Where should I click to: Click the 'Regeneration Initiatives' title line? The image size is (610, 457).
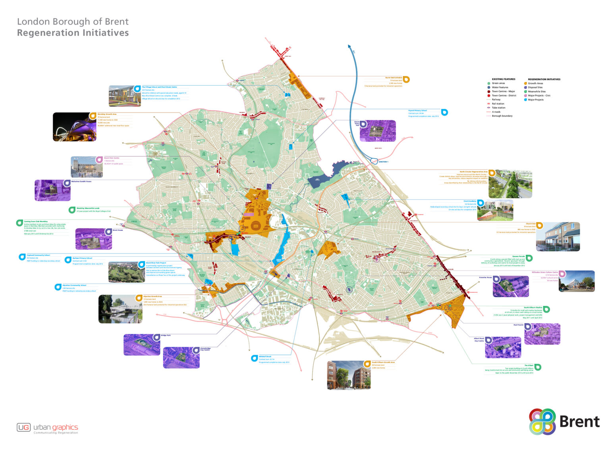pos(73,33)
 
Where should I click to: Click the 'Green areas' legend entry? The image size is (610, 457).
pos(498,83)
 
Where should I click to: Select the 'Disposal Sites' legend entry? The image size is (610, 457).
pos(535,87)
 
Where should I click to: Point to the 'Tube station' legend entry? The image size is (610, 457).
pos(498,108)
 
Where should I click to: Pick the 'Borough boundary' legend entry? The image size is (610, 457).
pos(502,116)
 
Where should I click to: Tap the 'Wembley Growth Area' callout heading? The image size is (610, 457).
pos(107,114)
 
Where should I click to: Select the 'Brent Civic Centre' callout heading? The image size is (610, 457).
pos(112,158)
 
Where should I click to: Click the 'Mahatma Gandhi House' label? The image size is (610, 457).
pos(81,181)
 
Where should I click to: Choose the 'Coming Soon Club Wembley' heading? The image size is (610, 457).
pos(36,221)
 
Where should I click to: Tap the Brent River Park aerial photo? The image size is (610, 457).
pos(126,272)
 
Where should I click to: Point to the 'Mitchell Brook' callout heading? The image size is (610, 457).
pos(265,357)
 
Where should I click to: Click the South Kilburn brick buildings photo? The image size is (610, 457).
pos(348,375)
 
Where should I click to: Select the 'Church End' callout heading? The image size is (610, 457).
pos(531,224)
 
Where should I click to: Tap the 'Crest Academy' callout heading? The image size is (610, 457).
pos(470,201)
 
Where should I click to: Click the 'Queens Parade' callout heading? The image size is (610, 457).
pos(518,256)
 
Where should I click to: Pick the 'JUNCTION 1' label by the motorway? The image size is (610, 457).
pos(383,162)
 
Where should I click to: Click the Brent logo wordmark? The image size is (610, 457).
pos(579,422)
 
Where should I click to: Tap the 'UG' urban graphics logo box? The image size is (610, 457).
pos(23,427)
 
